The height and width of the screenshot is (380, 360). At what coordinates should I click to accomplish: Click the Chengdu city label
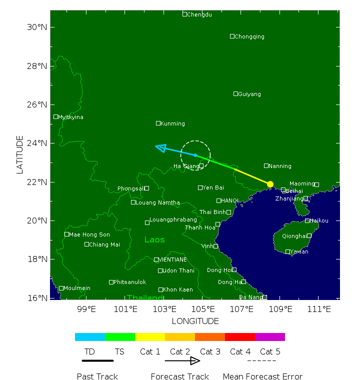[x=199, y=14]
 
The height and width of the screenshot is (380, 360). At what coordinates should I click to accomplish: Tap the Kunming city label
[x=172, y=123]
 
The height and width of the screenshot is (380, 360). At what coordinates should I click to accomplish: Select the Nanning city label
[x=279, y=166]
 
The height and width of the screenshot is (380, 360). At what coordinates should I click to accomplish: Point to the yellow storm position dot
[x=270, y=184]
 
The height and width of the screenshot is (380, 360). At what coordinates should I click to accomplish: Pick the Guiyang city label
[x=249, y=94]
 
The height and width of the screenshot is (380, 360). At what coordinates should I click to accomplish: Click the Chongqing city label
[x=249, y=36]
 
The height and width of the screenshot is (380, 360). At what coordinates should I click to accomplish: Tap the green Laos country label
[x=154, y=240]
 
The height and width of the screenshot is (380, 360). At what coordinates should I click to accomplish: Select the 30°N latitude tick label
[x=36, y=27]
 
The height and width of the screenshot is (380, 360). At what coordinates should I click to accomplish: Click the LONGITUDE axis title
[x=195, y=321]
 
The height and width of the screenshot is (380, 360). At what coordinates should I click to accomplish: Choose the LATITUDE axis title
[x=20, y=154]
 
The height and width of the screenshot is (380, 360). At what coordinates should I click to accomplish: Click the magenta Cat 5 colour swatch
[x=270, y=337]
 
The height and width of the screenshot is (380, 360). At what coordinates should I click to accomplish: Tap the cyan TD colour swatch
[x=90, y=337]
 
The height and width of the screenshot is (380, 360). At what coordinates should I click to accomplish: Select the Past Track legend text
[x=97, y=376]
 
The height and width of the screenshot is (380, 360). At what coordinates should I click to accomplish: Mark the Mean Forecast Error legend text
[x=262, y=376]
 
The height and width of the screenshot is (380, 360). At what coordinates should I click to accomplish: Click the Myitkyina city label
[x=70, y=117]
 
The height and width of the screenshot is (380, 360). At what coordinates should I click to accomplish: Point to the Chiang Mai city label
[x=104, y=244]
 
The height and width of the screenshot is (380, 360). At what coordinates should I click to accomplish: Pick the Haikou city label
[x=318, y=220]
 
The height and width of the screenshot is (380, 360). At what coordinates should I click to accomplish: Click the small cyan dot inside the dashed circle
[x=195, y=155]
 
